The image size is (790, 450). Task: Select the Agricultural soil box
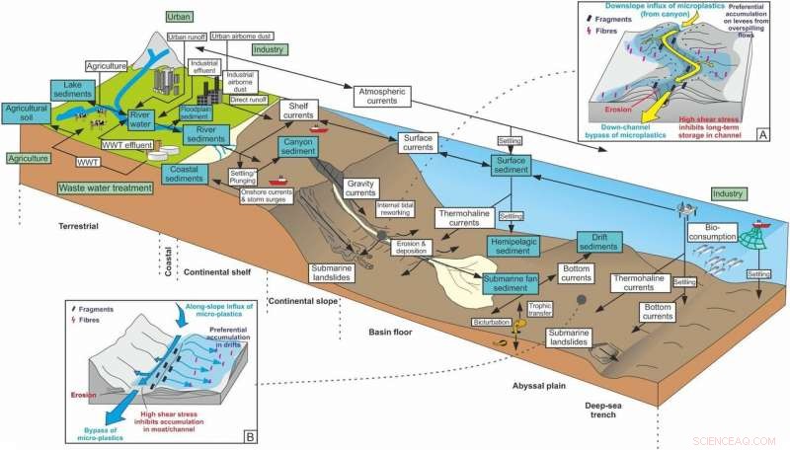point(26,113)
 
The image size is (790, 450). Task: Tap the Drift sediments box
point(592,243)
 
